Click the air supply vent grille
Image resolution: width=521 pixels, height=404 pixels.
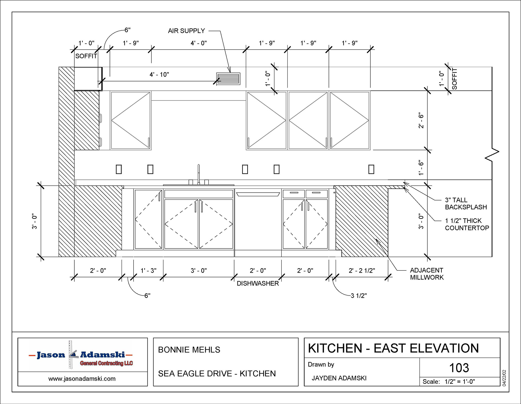[x=228, y=79]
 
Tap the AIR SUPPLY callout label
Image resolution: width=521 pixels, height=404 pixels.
[x=186, y=31]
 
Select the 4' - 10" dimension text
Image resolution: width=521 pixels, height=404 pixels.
[x=159, y=75]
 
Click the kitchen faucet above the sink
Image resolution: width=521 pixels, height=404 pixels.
[x=199, y=174]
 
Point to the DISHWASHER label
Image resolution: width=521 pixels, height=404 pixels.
[x=258, y=284]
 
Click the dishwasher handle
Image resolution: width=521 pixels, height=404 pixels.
[x=258, y=194]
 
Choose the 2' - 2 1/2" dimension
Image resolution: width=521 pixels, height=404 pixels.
[x=362, y=271]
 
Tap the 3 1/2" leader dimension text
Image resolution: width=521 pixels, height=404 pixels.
[x=359, y=296]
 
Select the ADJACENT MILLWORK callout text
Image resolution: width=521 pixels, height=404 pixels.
[x=427, y=274]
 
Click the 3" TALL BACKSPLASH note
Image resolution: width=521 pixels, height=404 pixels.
[x=466, y=203]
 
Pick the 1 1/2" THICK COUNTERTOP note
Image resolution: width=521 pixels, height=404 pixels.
[x=467, y=224]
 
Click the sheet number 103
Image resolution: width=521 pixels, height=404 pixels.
[x=459, y=368]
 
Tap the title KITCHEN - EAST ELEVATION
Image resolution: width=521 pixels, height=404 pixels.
[x=393, y=348]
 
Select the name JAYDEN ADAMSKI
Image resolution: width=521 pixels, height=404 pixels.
[x=339, y=378]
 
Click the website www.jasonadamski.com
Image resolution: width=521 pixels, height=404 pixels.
[x=82, y=379]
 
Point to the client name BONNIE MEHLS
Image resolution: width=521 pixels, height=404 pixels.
[x=189, y=350]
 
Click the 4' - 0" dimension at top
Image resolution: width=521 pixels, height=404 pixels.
[x=199, y=43]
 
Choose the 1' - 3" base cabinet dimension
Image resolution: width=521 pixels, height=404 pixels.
[x=148, y=271]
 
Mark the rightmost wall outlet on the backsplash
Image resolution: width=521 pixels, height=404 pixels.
[x=371, y=169]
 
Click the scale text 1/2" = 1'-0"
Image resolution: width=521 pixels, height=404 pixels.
[x=460, y=382]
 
